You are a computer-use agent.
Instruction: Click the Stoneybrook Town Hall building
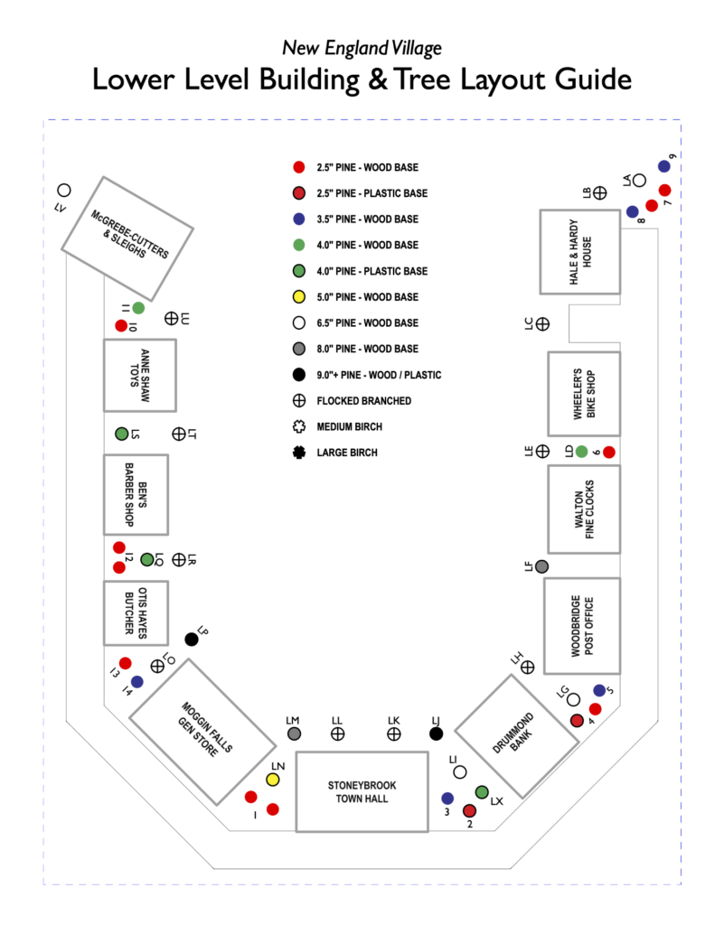point(362,791)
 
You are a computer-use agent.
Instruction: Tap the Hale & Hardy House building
point(579,251)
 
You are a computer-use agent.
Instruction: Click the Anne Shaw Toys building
point(139,375)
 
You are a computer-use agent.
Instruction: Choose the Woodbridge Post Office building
point(582,625)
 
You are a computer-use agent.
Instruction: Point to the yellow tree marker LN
point(273,779)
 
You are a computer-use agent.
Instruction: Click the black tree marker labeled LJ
point(436,733)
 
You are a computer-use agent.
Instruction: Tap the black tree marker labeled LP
point(192,640)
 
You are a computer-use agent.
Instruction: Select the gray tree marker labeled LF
point(541,566)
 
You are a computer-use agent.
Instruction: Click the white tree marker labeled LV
point(64,191)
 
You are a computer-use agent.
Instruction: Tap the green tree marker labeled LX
point(482,792)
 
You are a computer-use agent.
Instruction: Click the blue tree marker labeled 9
point(663,166)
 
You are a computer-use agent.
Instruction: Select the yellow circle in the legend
point(298,297)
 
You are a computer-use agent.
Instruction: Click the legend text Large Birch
point(346,453)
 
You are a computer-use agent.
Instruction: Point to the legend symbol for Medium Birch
point(298,426)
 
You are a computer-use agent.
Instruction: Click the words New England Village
point(362,48)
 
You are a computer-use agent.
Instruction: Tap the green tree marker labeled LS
point(121,434)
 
